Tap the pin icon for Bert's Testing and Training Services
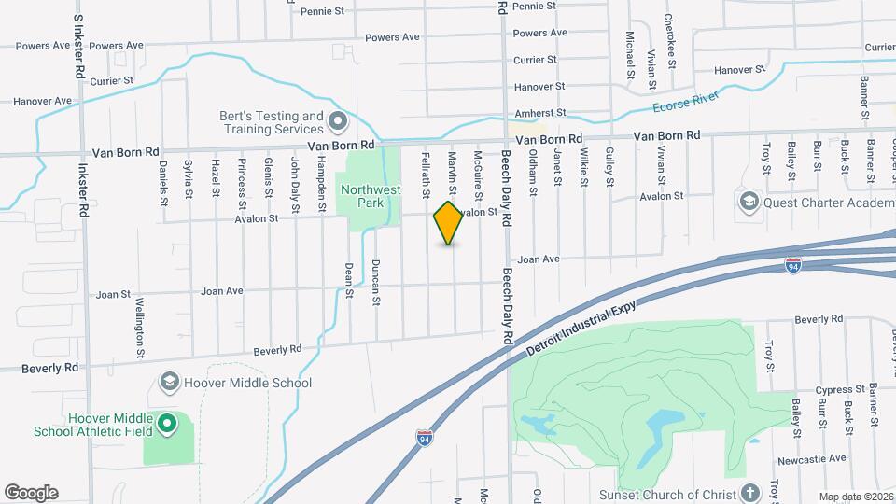[x=338, y=122]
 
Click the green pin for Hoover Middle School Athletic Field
[x=167, y=424]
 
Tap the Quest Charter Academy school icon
[x=749, y=202]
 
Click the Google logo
[x=31, y=492]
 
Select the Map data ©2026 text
[x=855, y=497]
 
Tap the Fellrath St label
[x=426, y=175]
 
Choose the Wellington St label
[x=139, y=328]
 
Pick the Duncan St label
[x=376, y=282]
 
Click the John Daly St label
[x=294, y=178]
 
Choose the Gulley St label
[x=609, y=166]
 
